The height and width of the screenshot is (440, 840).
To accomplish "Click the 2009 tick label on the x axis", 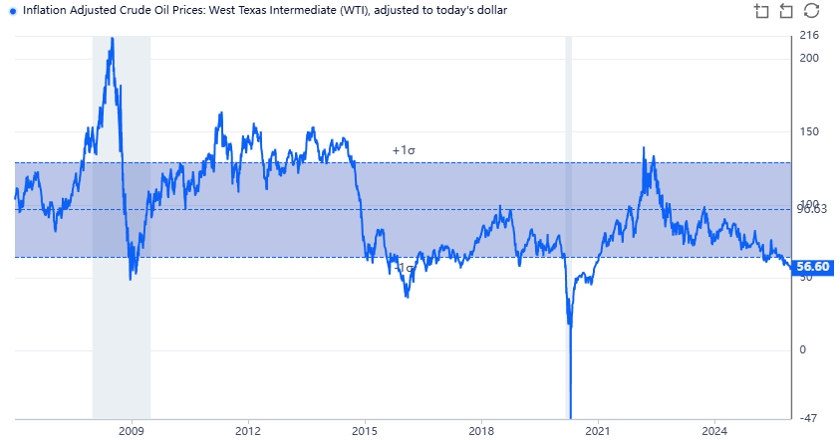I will (132, 430).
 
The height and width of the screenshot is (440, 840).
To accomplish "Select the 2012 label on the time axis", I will (248, 430).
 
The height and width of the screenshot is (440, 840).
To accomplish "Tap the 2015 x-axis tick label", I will (365, 430).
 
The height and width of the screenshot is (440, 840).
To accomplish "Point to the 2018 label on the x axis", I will (481, 430).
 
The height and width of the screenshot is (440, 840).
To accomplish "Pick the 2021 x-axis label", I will (598, 430).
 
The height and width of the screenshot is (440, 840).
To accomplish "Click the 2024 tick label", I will (714, 430).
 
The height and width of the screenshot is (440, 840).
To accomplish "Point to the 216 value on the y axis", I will (808, 36).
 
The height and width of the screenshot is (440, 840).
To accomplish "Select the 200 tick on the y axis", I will (808, 58).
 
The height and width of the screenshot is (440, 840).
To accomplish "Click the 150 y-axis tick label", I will (808, 131).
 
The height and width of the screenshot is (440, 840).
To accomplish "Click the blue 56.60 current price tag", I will (814, 267).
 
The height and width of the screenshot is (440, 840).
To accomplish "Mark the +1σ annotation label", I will (403, 151).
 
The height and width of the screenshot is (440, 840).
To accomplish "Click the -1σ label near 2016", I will (404, 268).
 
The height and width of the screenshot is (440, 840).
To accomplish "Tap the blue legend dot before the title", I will (12, 10).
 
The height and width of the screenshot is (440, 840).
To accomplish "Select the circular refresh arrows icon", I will (811, 11).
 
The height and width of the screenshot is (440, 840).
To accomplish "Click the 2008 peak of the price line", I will (112, 39).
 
